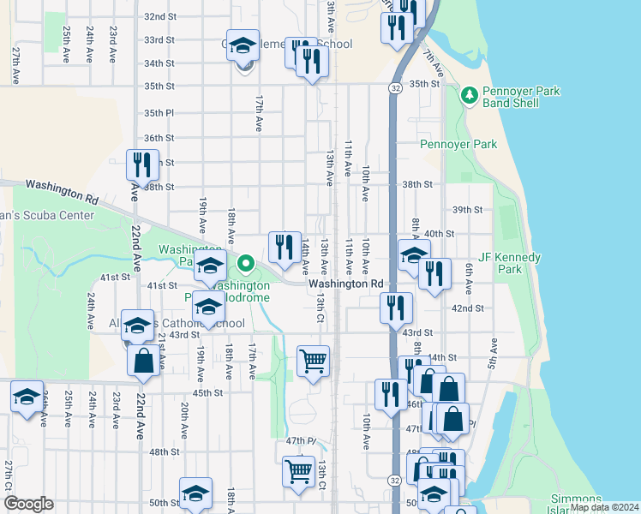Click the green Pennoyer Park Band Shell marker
tap(469, 94)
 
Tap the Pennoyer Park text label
tap(458, 145)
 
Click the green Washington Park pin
tap(246, 263)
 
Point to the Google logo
tap(28, 504)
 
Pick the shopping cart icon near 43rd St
tap(313, 360)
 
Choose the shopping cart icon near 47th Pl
tap(298, 469)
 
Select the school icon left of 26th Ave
tap(27, 397)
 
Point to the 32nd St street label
tap(159, 16)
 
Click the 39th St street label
tap(467, 209)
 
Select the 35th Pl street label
tap(159, 112)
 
